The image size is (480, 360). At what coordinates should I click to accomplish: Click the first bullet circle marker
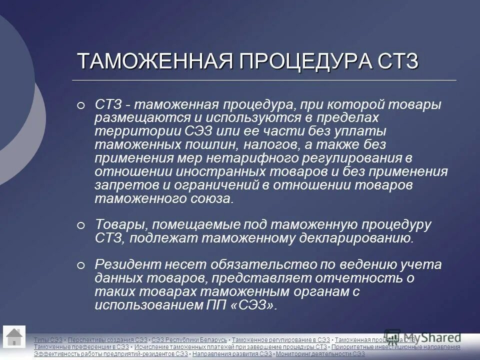(81, 105)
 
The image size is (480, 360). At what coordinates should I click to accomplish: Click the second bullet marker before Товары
(81, 226)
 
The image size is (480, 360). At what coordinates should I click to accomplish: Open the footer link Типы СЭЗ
(48, 340)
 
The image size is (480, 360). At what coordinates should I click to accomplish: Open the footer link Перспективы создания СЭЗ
(107, 340)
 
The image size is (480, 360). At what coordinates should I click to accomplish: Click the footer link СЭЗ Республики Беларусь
(189, 340)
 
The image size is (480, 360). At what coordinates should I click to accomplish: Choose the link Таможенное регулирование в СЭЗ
(281, 340)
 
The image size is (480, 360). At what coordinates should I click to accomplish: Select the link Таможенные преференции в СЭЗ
(81, 347)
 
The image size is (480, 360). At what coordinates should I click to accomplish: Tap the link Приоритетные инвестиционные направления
(396, 347)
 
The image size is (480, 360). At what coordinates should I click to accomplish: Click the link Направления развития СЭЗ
(232, 354)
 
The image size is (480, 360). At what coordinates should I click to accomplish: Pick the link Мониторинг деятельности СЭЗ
(320, 354)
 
